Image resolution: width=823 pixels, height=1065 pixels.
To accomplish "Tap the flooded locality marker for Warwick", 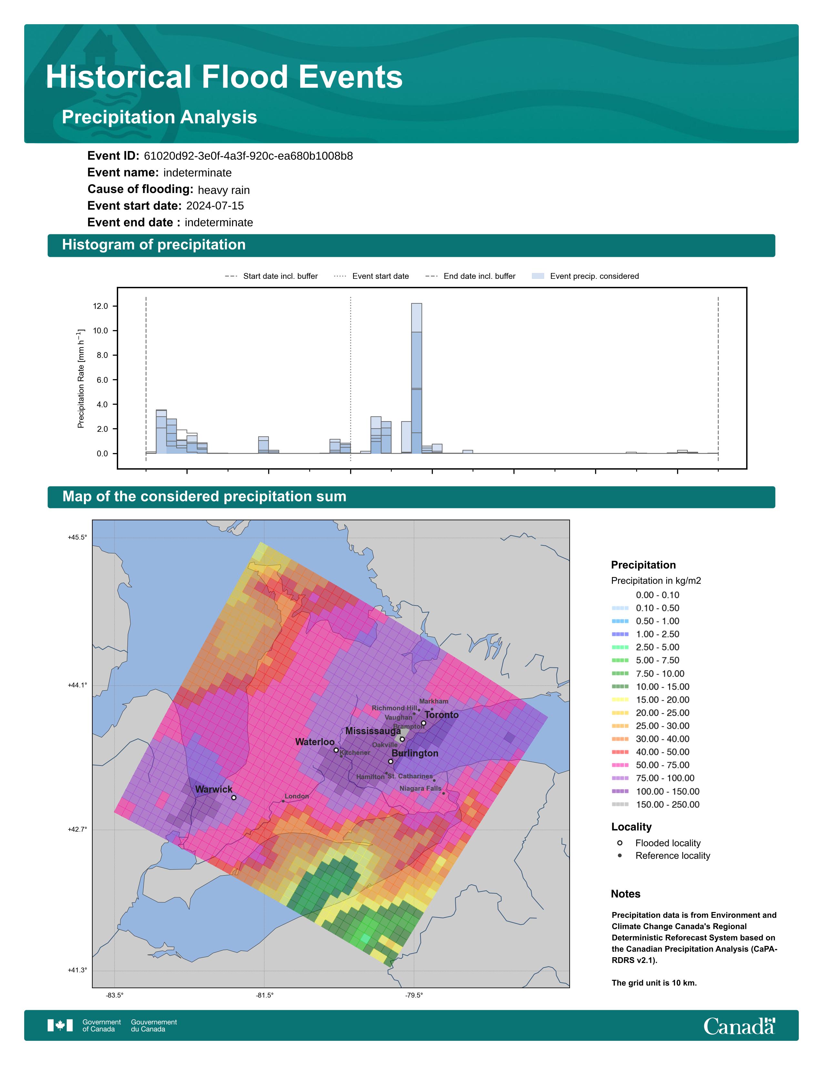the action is [234, 798].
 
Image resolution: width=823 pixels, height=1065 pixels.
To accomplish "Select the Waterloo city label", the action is [315, 742].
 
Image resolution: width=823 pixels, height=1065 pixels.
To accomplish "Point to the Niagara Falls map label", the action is [420, 788].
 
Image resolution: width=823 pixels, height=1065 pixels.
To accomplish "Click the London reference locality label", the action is [296, 796].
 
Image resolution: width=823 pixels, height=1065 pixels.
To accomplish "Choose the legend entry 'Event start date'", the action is [380, 276].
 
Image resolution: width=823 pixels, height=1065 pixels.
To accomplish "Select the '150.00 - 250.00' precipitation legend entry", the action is [667, 805].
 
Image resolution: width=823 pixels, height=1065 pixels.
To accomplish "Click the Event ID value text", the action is [248, 156].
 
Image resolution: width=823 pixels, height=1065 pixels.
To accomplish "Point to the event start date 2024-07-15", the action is [215, 206].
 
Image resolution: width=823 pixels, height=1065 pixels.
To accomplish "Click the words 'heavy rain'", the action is [224, 190].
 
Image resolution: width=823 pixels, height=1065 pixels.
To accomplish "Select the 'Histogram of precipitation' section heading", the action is [154, 245].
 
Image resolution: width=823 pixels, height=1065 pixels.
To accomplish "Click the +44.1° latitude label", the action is [77, 685].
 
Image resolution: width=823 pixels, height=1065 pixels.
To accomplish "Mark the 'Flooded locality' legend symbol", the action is [620, 843].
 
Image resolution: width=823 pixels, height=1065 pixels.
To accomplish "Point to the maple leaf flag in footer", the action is [60, 1026].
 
